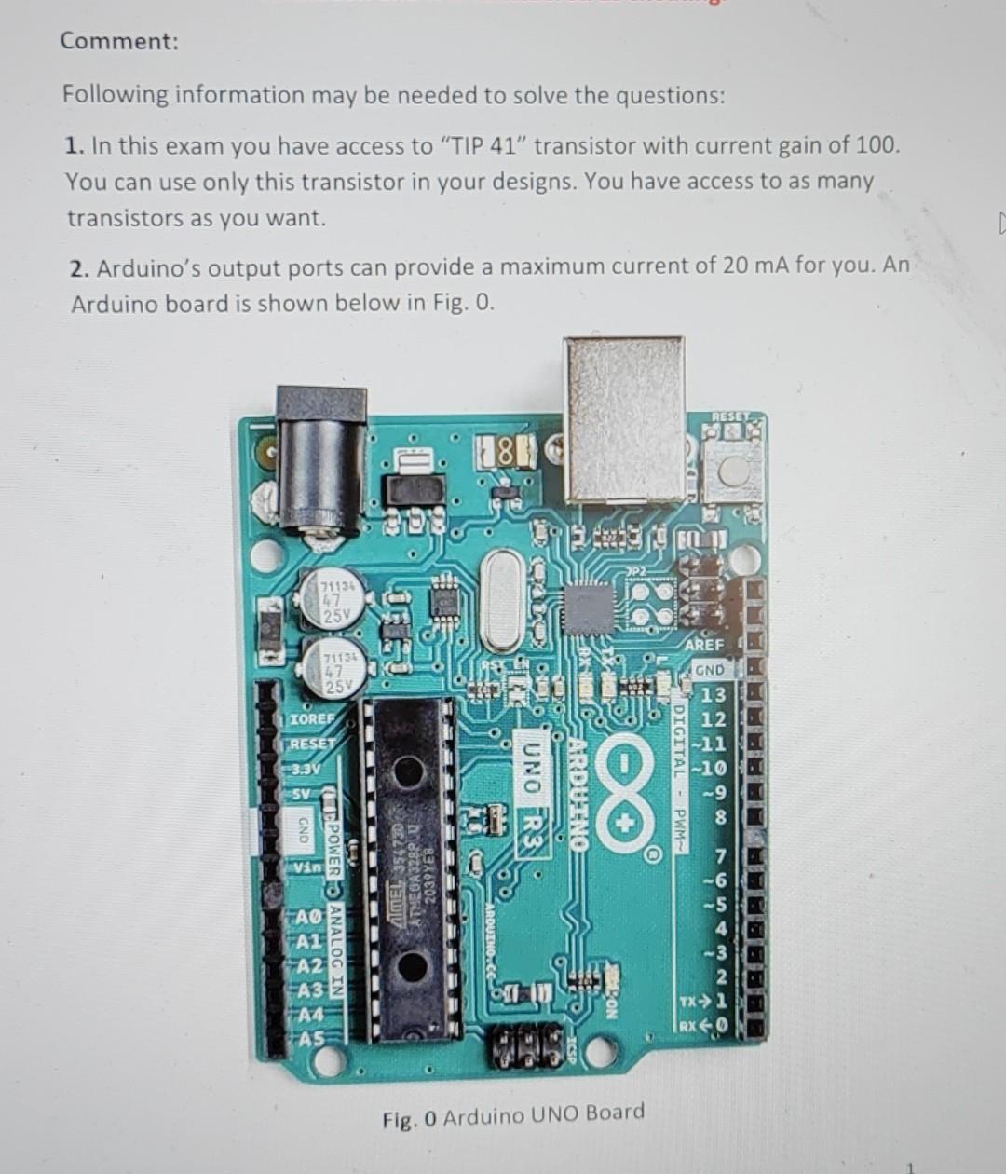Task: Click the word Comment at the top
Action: [118, 41]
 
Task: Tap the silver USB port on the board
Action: [625, 418]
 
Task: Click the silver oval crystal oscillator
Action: [504, 600]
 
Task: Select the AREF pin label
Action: [703, 645]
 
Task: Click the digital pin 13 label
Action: [713, 695]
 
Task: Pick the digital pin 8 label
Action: [719, 818]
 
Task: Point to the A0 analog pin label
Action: [308, 918]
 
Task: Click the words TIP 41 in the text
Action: [483, 146]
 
